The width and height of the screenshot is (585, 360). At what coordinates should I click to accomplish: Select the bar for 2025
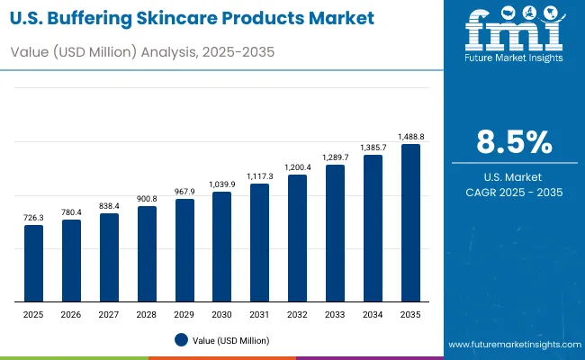(x=33, y=263)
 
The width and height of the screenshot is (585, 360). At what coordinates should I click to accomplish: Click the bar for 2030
(x=221, y=247)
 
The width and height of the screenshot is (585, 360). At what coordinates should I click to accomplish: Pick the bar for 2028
(x=147, y=254)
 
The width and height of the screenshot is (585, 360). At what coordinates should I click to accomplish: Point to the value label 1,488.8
(x=410, y=137)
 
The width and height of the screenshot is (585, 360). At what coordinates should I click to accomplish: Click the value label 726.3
(x=33, y=218)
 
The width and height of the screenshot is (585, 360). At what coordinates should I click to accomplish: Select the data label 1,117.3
(x=259, y=176)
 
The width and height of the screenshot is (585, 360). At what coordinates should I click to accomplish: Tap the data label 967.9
(x=184, y=192)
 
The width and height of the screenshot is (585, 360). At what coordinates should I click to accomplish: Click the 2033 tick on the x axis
(x=335, y=315)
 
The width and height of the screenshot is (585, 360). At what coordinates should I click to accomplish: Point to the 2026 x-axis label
(x=71, y=315)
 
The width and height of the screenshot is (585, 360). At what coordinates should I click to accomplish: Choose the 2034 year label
(x=373, y=315)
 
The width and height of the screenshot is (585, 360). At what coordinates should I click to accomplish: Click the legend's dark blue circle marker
(x=180, y=339)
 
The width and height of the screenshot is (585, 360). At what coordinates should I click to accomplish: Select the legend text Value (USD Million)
(x=229, y=339)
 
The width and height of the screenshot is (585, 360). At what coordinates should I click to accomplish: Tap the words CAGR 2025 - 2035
(x=514, y=193)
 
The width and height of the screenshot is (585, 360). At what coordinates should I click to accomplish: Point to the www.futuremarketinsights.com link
(x=512, y=345)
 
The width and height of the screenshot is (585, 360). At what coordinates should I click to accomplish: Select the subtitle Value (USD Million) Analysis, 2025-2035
(x=141, y=52)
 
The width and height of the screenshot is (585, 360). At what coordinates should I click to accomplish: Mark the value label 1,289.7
(x=335, y=157)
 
